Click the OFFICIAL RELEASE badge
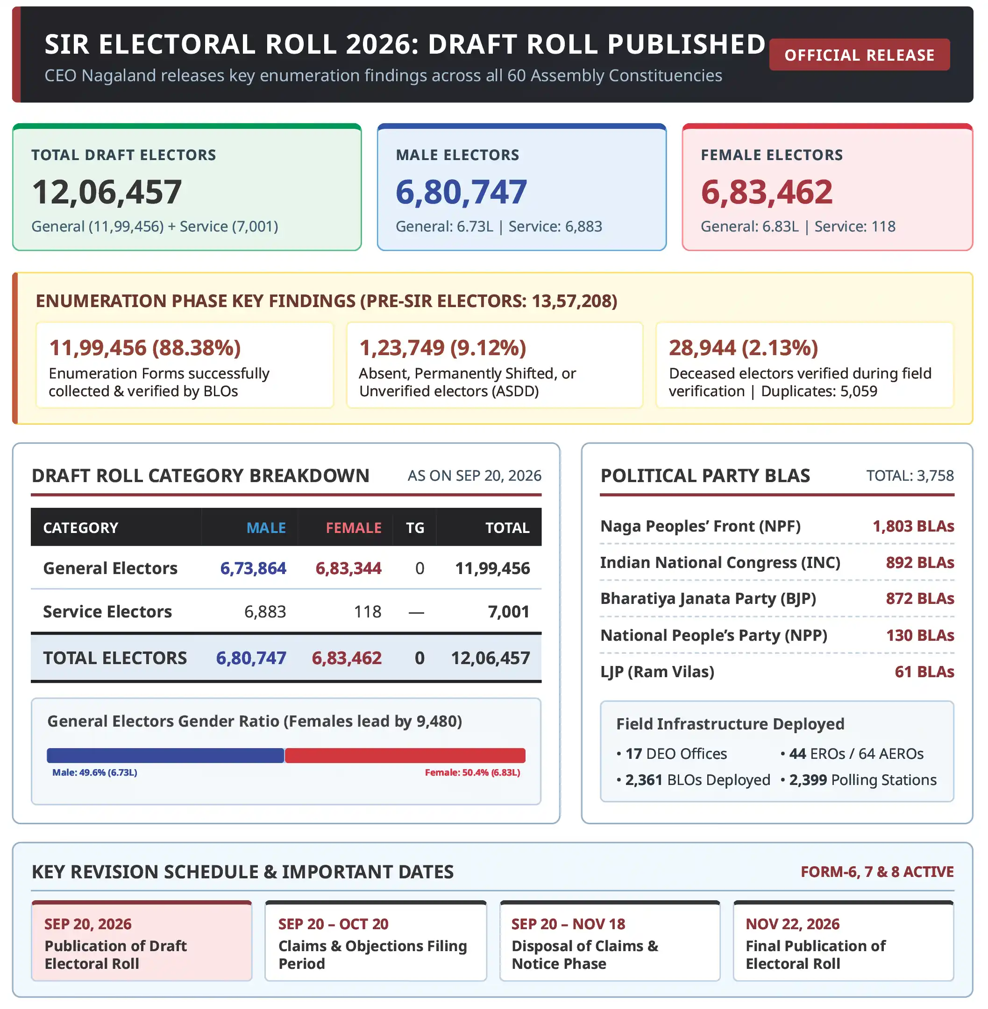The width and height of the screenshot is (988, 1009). click(x=860, y=55)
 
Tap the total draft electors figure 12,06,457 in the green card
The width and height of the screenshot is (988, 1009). click(x=107, y=192)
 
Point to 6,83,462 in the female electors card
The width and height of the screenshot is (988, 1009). click(x=767, y=192)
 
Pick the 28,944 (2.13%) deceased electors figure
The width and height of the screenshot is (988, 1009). click(x=743, y=348)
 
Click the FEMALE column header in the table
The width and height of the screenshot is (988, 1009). click(x=353, y=528)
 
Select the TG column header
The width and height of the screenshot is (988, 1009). click(x=415, y=528)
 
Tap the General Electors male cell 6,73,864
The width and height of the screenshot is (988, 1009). click(x=253, y=568)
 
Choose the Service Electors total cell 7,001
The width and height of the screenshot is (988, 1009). click(x=509, y=612)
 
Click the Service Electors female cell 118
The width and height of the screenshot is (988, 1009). click(x=367, y=612)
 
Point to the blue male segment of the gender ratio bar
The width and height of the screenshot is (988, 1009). click(x=165, y=756)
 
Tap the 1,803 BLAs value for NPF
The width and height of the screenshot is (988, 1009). click(x=913, y=526)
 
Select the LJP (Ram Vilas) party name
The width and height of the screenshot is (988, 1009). click(x=657, y=672)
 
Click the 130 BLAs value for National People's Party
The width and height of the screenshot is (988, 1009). click(x=920, y=636)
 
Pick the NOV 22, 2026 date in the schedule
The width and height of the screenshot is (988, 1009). click(x=792, y=924)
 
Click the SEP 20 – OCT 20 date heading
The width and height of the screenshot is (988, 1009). click(x=333, y=924)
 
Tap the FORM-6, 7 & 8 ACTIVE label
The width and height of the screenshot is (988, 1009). click(x=877, y=872)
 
